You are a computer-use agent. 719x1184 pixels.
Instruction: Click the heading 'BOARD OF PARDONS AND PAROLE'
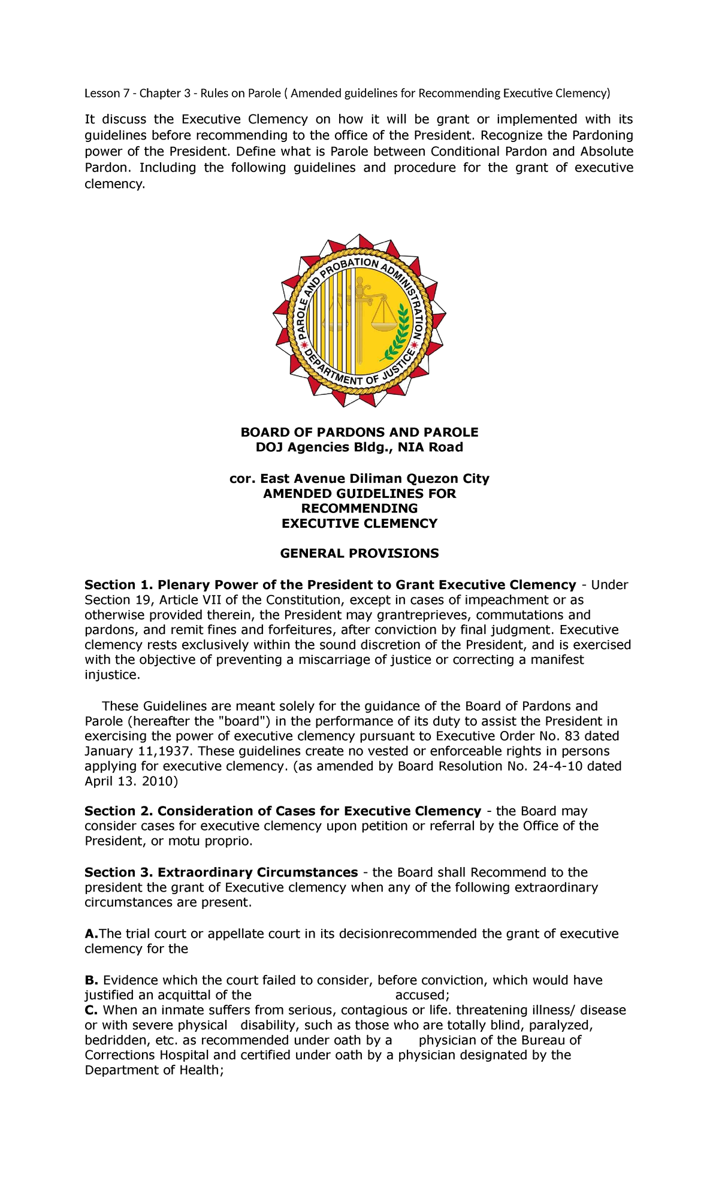(x=359, y=432)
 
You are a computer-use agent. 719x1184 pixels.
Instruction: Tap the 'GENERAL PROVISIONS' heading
(x=359, y=553)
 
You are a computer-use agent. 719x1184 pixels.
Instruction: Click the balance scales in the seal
(x=383, y=314)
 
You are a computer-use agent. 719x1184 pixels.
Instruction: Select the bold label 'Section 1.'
(x=119, y=585)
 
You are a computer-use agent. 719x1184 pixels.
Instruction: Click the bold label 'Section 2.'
(x=119, y=811)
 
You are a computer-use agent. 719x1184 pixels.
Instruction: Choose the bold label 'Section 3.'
(x=119, y=872)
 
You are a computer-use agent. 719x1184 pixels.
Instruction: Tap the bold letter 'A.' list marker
(x=91, y=934)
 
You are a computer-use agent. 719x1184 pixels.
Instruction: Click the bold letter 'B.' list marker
(x=91, y=980)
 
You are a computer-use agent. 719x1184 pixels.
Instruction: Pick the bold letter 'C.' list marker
(x=91, y=1010)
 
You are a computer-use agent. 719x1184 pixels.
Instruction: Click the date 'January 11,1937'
(x=138, y=751)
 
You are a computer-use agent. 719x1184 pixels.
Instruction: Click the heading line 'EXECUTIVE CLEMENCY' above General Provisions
(x=359, y=523)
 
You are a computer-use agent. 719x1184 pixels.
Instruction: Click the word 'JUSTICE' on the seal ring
(x=398, y=365)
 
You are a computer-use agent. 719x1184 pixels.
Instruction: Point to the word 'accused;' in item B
(x=418, y=995)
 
